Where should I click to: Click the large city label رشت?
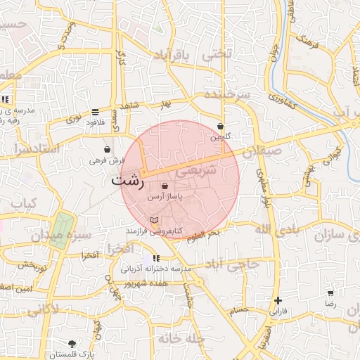pyautogui.click(x=127, y=180)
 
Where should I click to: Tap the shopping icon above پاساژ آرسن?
pyautogui.click(x=165, y=186)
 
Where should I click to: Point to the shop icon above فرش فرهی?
pyautogui.click(x=107, y=149)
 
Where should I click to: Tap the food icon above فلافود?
pyautogui.click(x=95, y=112)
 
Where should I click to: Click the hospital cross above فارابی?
pyautogui.click(x=279, y=300)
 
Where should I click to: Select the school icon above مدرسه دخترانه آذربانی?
pyautogui.click(x=156, y=258)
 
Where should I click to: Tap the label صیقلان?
pyautogui.click(x=262, y=150)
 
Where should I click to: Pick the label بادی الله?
pyautogui.click(x=272, y=229)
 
